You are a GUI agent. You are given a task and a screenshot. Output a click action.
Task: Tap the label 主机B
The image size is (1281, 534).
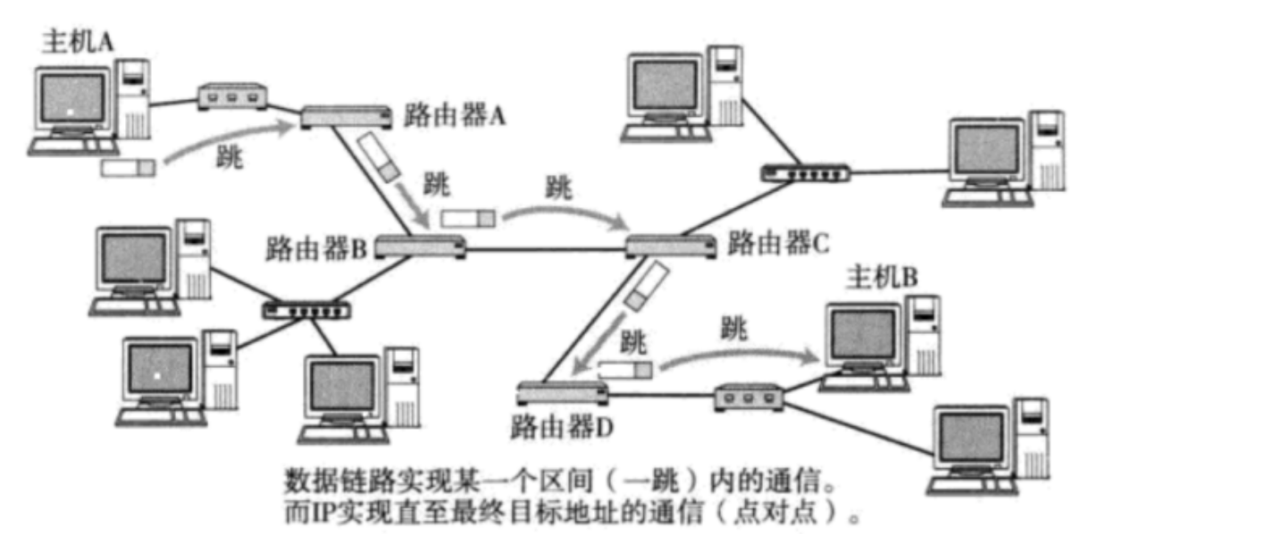pyautogui.click(x=882, y=278)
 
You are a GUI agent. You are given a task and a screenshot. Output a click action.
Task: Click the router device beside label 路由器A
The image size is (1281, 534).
pyautogui.click(x=345, y=115)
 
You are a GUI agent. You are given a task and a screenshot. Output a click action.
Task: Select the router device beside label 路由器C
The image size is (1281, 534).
pyautogui.click(x=669, y=245)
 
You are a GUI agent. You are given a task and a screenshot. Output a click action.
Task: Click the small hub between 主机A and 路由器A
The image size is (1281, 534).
pyautogui.click(x=232, y=96)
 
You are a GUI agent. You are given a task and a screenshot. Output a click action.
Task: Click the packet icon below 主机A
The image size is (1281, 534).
pyautogui.click(x=129, y=167)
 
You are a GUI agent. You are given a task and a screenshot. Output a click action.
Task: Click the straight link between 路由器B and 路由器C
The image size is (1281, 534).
pyautogui.click(x=545, y=249)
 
